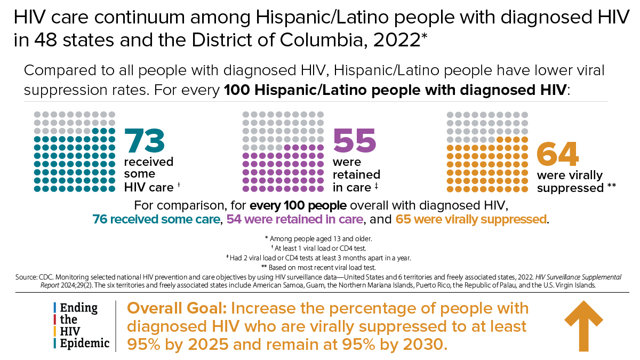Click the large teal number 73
(145, 140)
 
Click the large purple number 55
(355, 140)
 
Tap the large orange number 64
(558, 154)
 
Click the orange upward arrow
(583, 326)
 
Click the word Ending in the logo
(78, 308)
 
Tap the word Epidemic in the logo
(85, 343)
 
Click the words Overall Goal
(177, 309)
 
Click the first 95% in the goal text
(143, 345)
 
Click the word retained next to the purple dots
(357, 174)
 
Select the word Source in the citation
(26, 277)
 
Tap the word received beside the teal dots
(149, 162)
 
